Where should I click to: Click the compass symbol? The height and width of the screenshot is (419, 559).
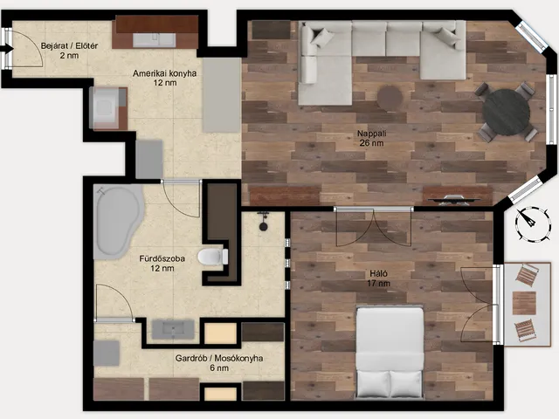click(x=532, y=224)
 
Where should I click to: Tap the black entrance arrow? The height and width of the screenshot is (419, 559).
click(x=7, y=49)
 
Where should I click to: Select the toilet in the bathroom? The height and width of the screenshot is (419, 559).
click(x=213, y=257)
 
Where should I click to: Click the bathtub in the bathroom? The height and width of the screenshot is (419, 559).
click(x=118, y=222)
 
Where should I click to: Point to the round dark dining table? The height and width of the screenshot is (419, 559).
click(x=506, y=112)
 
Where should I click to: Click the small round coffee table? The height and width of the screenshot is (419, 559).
click(x=390, y=98)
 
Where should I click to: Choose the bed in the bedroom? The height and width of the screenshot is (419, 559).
click(x=390, y=352)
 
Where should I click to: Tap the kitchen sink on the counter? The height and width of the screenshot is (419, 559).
click(x=155, y=40)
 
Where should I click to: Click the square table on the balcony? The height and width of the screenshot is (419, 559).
click(x=524, y=303)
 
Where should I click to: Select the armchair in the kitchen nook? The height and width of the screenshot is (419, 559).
click(x=108, y=108)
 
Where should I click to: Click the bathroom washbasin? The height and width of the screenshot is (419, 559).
click(x=173, y=329)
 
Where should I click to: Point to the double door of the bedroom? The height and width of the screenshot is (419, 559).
click(x=374, y=227)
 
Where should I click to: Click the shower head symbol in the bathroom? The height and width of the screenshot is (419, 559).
click(x=264, y=222)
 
